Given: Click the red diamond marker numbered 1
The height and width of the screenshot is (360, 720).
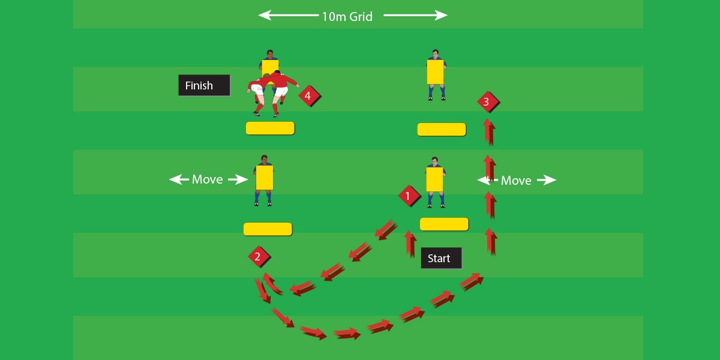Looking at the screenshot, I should [x=409, y=196].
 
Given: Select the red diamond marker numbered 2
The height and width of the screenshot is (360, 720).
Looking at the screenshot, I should [x=258, y=257].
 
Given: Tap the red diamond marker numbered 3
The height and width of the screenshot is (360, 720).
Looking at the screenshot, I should [x=487, y=102].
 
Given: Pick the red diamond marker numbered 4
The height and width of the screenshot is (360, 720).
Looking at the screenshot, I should [x=308, y=95].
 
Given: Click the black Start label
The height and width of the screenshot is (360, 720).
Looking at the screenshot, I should [x=441, y=258].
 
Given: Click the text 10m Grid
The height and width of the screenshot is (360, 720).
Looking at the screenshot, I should [x=347, y=16].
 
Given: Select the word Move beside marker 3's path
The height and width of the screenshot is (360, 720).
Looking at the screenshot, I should [x=516, y=180].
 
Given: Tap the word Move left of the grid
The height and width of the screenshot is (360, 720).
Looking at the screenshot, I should [x=208, y=179].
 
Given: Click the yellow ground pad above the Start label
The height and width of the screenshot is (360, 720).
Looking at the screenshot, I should [x=444, y=224].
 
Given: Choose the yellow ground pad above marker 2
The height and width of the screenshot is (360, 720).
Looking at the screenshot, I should [x=268, y=229].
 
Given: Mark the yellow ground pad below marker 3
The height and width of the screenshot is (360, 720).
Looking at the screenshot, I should [x=442, y=129].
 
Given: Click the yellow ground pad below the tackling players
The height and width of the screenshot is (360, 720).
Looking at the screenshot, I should [x=270, y=128].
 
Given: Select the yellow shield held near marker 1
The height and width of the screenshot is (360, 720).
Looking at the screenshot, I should [x=434, y=179].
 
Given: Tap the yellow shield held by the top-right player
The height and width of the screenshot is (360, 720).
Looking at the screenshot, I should [x=435, y=71].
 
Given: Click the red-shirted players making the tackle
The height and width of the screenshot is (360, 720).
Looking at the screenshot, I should [x=271, y=90].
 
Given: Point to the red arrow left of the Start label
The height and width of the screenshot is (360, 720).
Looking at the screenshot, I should [x=410, y=244].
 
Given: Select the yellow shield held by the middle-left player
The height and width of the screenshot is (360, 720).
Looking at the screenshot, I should [x=265, y=178].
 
